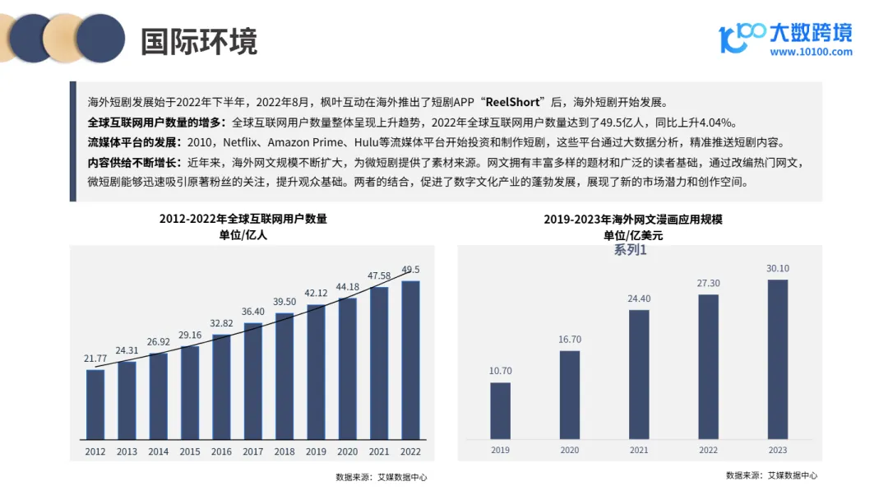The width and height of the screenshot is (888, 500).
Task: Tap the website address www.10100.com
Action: click(x=811, y=53)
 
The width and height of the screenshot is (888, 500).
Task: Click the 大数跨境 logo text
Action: click(x=810, y=31)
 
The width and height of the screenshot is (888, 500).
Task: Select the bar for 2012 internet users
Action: click(x=95, y=405)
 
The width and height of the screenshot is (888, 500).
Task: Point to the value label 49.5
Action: click(x=411, y=269)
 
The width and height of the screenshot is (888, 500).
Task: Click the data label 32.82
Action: click(x=221, y=323)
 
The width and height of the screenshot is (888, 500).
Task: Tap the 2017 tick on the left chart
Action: click(x=252, y=451)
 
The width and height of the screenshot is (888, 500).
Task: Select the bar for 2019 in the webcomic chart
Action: click(x=500, y=410)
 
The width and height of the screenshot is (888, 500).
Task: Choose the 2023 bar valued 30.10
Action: click(x=777, y=359)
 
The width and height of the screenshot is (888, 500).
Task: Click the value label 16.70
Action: click(x=570, y=340)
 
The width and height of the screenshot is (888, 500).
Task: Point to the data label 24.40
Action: click(x=639, y=299)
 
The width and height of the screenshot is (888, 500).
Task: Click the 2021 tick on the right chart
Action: click(x=639, y=450)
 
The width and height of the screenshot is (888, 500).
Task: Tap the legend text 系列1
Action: click(x=630, y=250)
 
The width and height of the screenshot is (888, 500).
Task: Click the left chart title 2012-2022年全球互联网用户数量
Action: click(x=243, y=220)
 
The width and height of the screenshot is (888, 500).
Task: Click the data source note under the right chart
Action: click(x=771, y=475)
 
